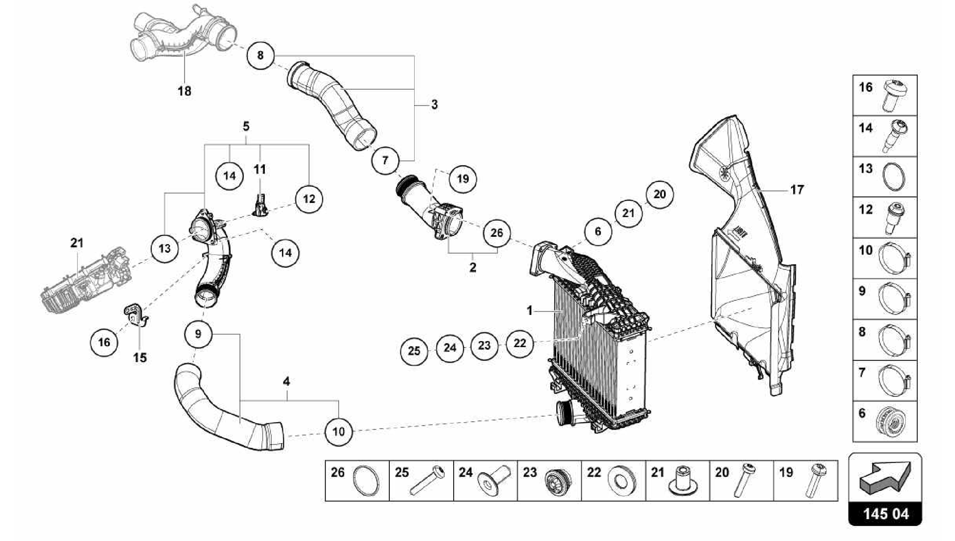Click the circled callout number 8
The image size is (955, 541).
tap(260, 55)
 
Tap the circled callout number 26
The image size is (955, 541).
tap(497, 232)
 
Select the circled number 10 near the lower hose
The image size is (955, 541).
tap(339, 431)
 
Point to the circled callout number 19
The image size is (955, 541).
tap(463, 179)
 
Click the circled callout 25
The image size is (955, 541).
tap(414, 351)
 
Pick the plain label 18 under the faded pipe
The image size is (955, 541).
tap(185, 91)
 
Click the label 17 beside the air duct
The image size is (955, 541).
tap(797, 190)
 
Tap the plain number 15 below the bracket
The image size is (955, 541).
tap(140, 358)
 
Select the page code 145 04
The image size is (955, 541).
tap(886, 514)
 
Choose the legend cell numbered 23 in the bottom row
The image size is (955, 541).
tap(549, 481)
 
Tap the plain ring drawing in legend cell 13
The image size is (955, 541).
tap(894, 177)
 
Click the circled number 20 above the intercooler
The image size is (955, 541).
tap(659, 194)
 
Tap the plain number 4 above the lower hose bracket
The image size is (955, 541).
tap(286, 381)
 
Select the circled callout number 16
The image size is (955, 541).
tap(104, 342)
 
